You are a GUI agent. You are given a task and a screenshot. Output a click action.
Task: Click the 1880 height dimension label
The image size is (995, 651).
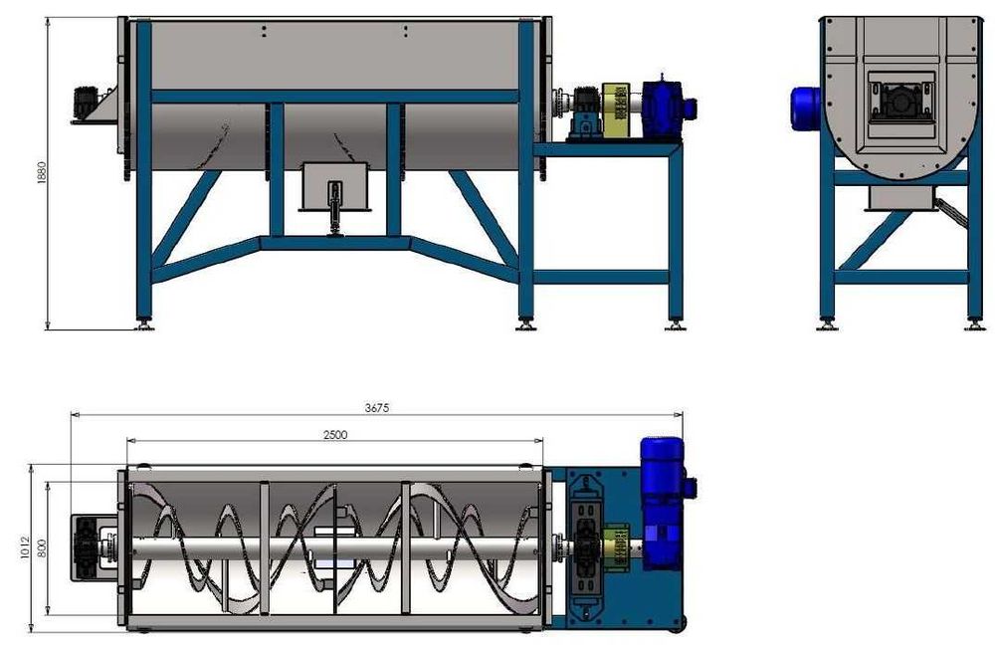(42, 173)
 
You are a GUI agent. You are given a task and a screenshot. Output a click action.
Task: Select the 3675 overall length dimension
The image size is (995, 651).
(376, 408)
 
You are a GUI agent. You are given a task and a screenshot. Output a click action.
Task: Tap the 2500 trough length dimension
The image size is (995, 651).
(335, 434)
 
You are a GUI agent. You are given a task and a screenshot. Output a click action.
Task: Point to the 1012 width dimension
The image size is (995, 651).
(25, 547)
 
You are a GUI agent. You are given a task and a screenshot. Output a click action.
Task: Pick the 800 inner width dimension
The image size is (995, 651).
(42, 548)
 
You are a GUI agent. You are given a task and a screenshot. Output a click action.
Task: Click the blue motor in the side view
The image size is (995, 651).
(805, 108)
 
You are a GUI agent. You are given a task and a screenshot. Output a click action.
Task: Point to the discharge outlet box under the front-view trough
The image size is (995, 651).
(334, 186)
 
